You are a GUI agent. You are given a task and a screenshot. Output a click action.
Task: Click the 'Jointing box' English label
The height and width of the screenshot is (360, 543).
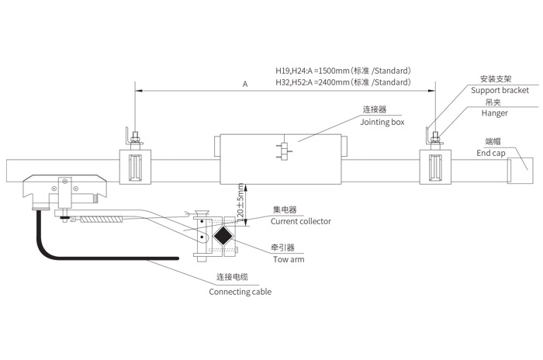(x=382, y=122)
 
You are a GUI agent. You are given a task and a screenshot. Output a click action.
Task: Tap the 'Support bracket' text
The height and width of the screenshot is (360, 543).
(x=499, y=91)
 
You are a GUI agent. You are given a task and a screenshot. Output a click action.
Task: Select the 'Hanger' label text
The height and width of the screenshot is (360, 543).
(x=494, y=113)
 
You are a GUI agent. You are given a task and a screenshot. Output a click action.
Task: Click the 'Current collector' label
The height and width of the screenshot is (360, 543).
(x=300, y=221)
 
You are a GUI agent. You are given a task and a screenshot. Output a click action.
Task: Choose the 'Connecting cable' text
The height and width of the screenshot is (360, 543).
(x=240, y=292)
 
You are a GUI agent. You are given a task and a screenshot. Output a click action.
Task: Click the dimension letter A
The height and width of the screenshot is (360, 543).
(x=244, y=82)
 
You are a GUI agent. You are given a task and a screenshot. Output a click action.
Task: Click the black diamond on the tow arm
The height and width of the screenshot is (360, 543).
(x=223, y=236)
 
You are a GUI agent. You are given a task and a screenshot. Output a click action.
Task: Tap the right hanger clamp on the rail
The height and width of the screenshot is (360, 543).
(x=434, y=167)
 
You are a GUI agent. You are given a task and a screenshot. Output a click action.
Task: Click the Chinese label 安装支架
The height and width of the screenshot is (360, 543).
(x=494, y=79)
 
